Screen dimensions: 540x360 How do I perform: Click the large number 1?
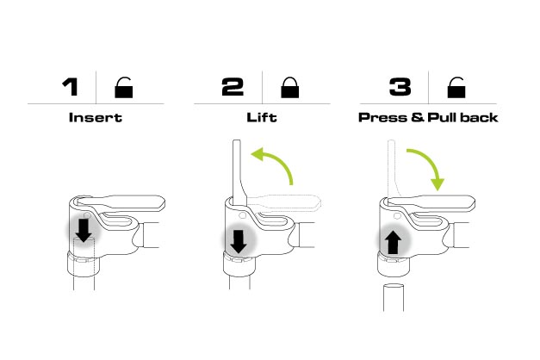point(71,87)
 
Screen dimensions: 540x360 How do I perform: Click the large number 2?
point(233,87)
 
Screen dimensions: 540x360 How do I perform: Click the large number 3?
point(400,87)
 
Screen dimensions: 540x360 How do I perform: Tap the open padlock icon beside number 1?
point(124,88)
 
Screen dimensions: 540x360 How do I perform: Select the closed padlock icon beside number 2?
point(290,88)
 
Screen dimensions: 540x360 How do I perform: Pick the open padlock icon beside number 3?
point(456,88)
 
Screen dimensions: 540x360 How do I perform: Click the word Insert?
point(96,117)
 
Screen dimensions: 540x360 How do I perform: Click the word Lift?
point(262,117)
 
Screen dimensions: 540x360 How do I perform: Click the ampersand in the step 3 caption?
point(417,117)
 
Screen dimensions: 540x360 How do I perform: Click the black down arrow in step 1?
point(84,230)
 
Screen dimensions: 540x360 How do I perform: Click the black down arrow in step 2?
point(239,242)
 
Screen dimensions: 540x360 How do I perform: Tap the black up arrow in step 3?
point(393,242)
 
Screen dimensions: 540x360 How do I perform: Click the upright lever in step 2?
point(238,172)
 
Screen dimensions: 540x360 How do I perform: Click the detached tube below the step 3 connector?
point(394,297)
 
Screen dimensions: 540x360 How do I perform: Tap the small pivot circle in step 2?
point(242,215)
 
